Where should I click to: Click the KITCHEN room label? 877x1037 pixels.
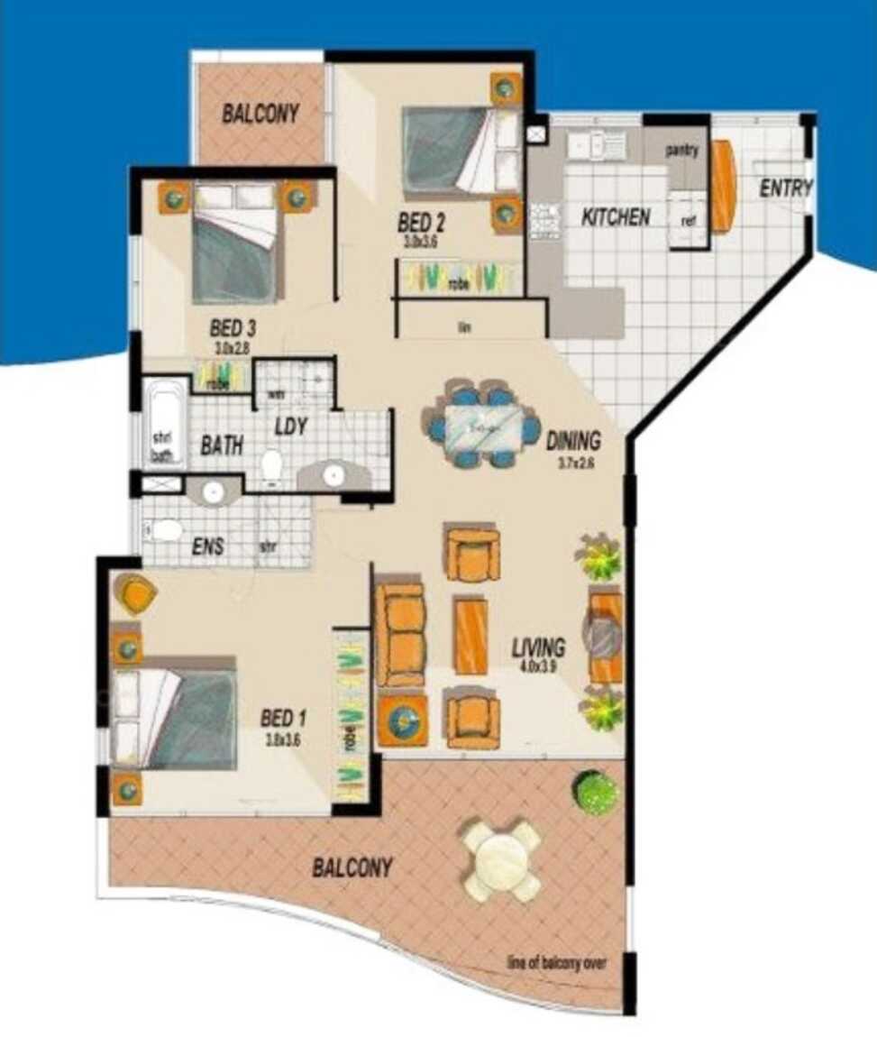616,217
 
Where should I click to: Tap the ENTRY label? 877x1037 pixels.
786,188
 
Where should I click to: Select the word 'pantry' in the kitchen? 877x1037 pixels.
682,151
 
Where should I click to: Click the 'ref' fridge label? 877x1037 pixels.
688,221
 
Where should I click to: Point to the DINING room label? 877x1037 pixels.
573,441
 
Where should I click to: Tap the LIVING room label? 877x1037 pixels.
538,647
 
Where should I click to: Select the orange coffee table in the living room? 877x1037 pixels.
470,635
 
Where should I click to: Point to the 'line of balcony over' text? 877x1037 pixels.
556,963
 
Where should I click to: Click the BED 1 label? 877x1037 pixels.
284,719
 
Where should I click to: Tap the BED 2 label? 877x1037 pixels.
423,222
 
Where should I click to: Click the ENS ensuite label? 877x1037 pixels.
207,546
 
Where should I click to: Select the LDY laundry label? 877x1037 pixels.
291,427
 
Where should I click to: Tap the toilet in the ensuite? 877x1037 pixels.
165,530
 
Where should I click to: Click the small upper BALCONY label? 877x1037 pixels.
260,115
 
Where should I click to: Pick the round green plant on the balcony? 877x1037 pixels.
596,793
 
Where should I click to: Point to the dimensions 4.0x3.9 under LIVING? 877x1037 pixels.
539,667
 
